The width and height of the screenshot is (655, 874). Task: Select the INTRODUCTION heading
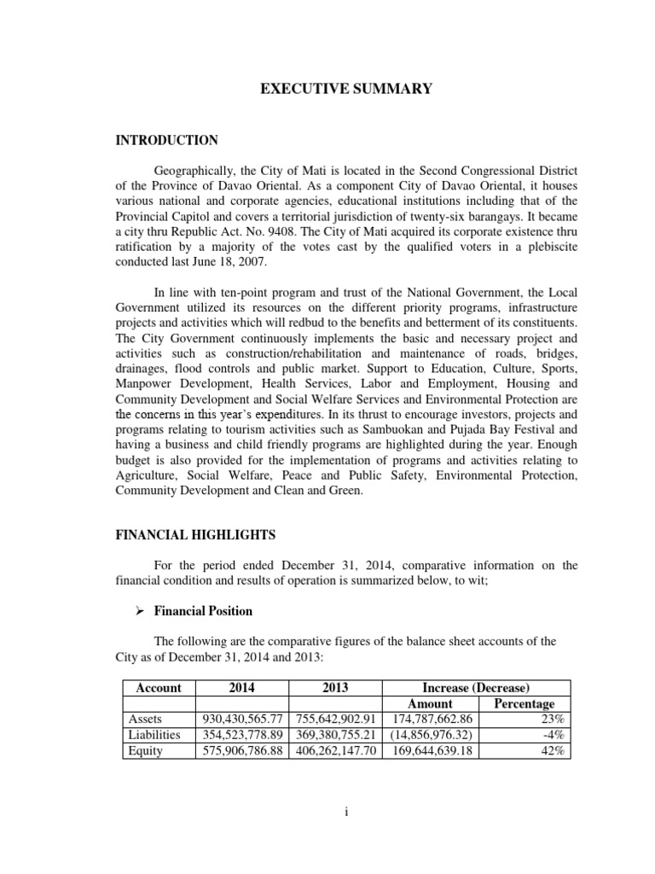(167, 140)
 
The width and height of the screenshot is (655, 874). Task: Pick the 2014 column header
(242, 688)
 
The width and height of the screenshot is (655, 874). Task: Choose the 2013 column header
(336, 688)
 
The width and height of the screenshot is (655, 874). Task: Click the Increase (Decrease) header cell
(477, 688)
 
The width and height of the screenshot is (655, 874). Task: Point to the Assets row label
(142, 720)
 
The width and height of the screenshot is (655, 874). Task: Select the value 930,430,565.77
(242, 720)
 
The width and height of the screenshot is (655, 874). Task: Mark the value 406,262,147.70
(336, 751)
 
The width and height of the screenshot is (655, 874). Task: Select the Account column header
(159, 688)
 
